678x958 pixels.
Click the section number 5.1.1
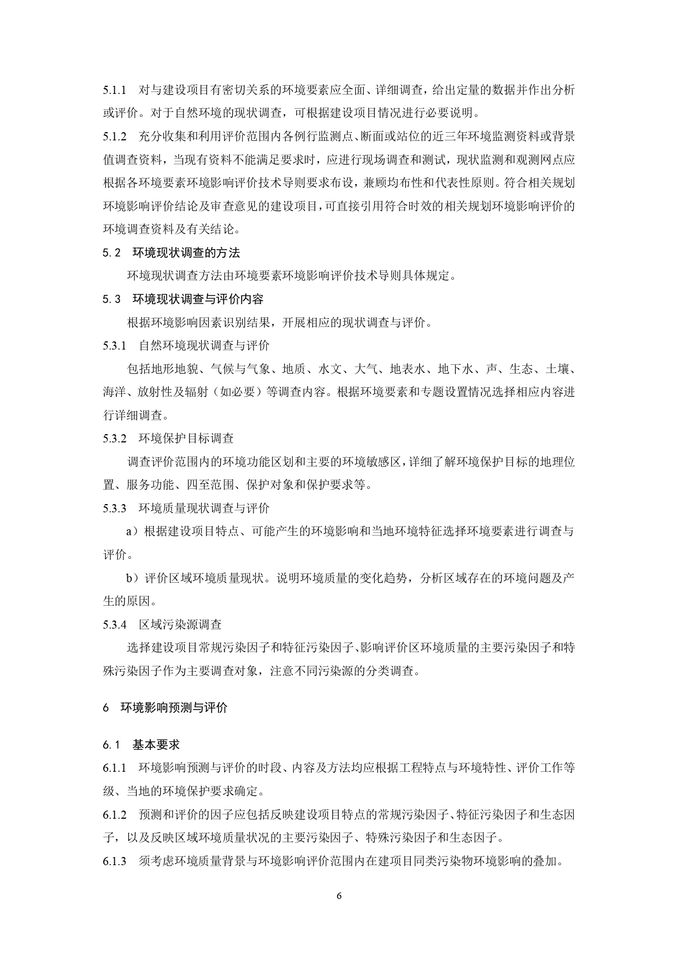click(114, 90)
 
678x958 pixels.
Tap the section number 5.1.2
click(114, 136)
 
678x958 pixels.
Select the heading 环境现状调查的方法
click(186, 253)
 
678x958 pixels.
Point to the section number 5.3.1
click(114, 346)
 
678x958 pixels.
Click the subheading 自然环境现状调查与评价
click(204, 346)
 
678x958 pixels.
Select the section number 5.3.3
click(114, 508)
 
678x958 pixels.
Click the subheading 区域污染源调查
click(180, 624)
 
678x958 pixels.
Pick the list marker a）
click(133, 531)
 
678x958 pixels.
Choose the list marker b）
click(133, 578)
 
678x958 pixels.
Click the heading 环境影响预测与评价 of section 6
click(174, 708)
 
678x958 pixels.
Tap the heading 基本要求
click(156, 744)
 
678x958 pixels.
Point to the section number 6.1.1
click(114, 768)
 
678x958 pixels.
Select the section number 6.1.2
click(114, 815)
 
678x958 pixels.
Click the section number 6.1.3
click(114, 861)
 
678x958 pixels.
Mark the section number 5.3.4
click(114, 624)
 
